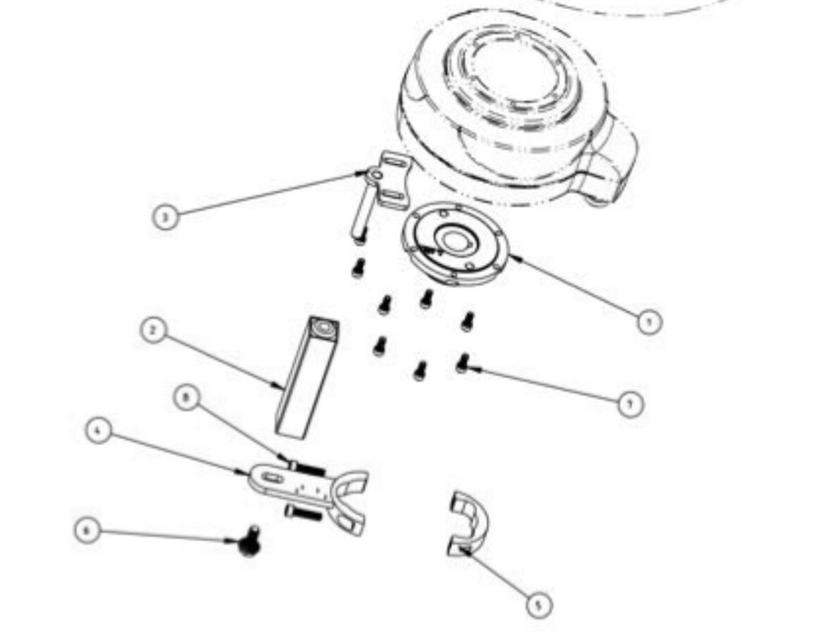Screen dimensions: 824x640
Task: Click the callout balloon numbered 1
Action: (x=650, y=321)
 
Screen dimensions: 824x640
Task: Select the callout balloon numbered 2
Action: (x=152, y=332)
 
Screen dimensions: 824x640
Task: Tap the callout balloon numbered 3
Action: (x=166, y=217)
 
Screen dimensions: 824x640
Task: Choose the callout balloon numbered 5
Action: (x=538, y=605)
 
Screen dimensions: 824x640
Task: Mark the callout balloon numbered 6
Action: (x=87, y=529)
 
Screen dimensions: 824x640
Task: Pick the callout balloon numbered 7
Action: (x=631, y=403)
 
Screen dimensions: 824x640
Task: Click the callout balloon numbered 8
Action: (x=187, y=398)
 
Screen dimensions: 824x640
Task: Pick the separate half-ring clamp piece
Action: (x=467, y=522)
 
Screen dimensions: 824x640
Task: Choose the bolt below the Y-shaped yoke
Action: (x=302, y=514)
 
